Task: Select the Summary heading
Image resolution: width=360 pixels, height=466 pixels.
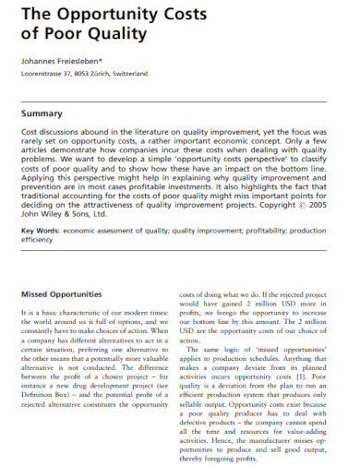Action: tap(46, 114)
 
